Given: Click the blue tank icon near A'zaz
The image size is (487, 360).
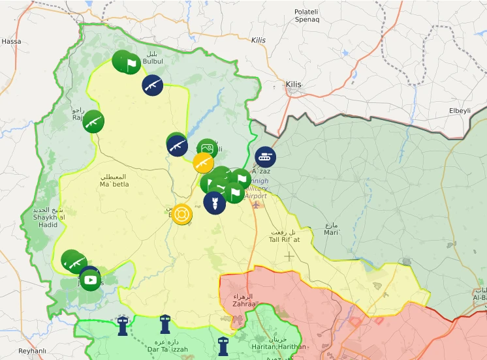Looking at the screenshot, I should tap(265, 157).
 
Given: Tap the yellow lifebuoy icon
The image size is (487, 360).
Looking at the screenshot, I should tap(183, 214).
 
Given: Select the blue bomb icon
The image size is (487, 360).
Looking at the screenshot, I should tap(214, 202).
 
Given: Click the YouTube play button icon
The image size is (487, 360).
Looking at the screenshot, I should tap(91, 280).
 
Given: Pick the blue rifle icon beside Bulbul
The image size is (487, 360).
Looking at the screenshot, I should tap(152, 85).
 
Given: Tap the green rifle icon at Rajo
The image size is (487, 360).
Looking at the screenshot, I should tap(93, 121).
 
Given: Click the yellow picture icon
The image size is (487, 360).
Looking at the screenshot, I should tap(204, 162).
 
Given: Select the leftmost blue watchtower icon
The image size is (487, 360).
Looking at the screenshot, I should tap(122, 325).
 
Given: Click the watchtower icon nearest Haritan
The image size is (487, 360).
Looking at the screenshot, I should tap(223, 346).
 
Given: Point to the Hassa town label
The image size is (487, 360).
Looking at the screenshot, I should tap(11, 41).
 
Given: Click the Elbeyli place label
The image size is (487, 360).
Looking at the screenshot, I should tap(460, 111).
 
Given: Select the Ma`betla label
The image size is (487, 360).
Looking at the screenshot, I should tap(114, 181).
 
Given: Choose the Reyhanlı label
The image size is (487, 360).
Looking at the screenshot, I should tap(33, 351).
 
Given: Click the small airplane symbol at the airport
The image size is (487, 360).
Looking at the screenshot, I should tap(256, 205).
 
